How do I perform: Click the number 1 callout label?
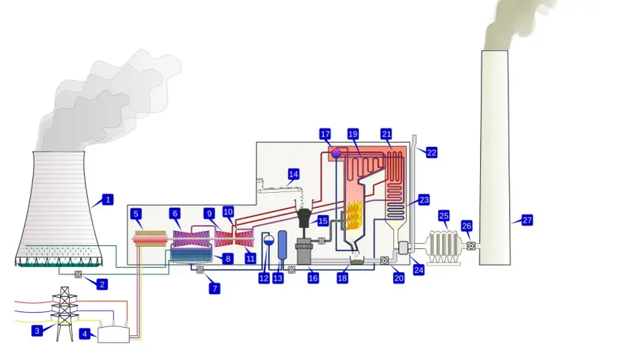107,199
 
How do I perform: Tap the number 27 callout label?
526,220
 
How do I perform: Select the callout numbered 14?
293,174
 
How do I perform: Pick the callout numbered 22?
431,153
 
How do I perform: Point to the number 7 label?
214,288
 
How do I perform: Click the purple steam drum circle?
336,154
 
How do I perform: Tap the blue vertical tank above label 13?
283,245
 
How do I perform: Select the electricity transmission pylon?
64,313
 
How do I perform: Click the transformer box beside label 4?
114,334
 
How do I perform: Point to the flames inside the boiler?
352,215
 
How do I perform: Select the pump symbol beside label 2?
78,274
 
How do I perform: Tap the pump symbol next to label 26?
471,245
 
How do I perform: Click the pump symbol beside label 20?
384,261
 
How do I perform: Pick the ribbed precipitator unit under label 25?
443,246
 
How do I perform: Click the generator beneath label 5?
150,239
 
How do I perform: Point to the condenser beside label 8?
190,255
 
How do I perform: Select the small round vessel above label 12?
268,240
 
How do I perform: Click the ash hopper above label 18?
355,260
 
